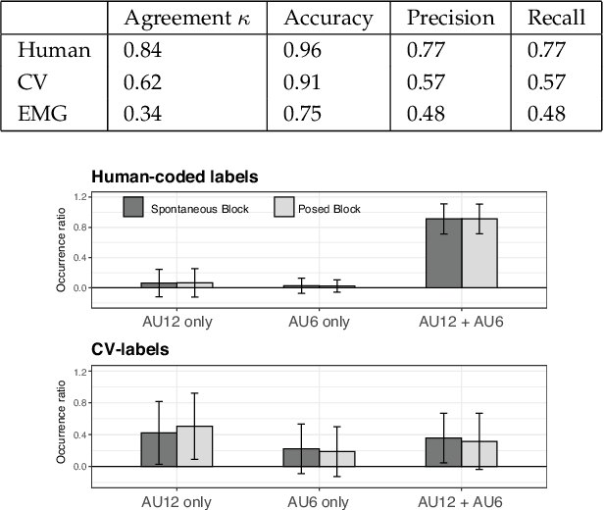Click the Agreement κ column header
[x=186, y=19]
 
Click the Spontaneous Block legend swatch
[x=133, y=207]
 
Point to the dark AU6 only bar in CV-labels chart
[x=302, y=457]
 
